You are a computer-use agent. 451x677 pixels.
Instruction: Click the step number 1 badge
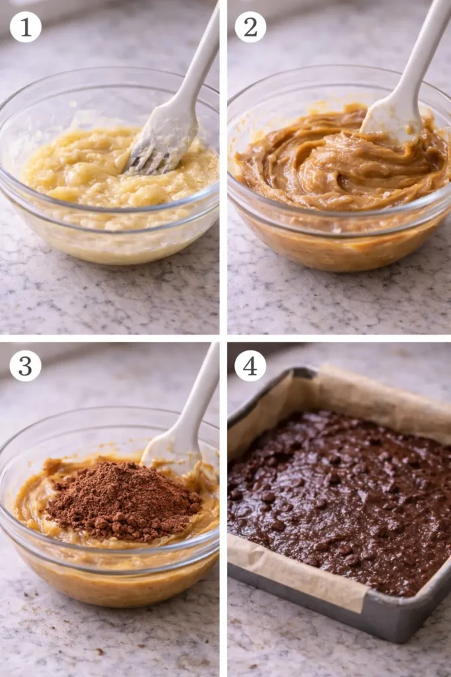pos(25,27)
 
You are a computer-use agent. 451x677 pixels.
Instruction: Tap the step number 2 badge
pos(250,27)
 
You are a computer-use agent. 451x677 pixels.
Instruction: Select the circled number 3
pos(25,366)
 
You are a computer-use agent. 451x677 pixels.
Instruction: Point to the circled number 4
pos(250,366)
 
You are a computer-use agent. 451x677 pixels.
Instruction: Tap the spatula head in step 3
pos(168,453)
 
